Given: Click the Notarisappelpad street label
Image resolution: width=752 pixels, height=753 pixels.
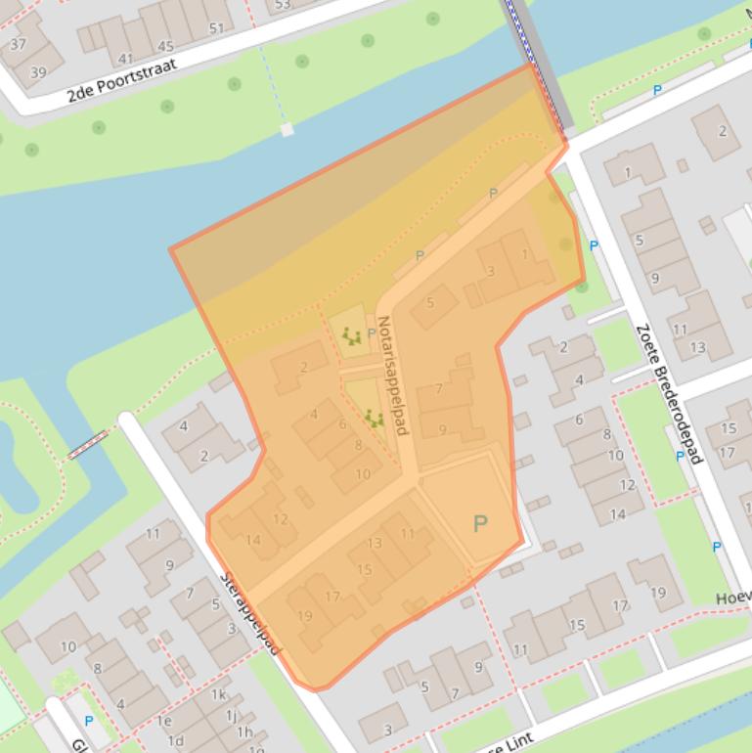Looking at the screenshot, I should (391, 375).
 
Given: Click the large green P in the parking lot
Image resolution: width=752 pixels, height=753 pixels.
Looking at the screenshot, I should (479, 524).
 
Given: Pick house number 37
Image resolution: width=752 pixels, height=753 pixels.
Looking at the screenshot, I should (18, 45).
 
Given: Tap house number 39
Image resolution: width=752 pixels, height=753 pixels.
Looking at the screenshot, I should (38, 72).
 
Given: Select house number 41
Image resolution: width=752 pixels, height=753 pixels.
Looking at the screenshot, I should (125, 59).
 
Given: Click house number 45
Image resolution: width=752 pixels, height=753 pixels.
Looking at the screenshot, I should (165, 46).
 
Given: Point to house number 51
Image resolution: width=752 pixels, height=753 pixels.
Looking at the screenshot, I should (216, 28).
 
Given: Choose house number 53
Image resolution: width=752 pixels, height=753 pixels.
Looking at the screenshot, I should (283, 5).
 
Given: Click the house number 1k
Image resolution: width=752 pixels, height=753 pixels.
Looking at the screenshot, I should (219, 694).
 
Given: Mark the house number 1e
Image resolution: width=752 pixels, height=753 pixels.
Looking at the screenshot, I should (164, 721).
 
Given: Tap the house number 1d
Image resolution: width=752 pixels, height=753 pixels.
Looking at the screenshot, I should (176, 741).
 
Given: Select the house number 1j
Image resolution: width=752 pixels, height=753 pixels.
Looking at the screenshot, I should (233, 715).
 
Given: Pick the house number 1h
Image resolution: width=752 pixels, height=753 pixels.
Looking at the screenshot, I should (243, 731).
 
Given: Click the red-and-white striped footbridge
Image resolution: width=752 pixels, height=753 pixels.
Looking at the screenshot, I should (87, 445).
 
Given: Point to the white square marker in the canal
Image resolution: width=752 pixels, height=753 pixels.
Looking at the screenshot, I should (287, 129).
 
